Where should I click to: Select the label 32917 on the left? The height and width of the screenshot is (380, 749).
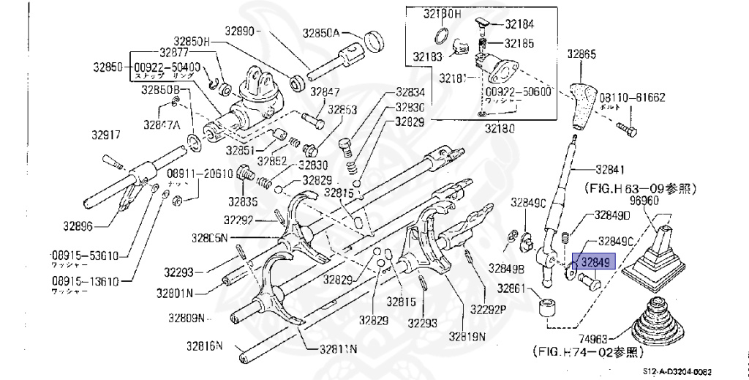pyautogui.click(x=106, y=135)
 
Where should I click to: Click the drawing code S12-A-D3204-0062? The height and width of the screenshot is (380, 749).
pyautogui.click(x=677, y=371)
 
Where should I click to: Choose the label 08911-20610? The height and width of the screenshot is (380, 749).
pyautogui.click(x=200, y=174)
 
